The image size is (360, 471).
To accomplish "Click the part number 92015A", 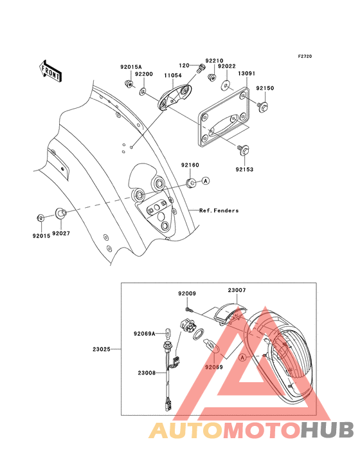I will coord(130,66).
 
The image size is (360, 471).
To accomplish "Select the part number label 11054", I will coord(172,75).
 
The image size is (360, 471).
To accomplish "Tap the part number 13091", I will coord(248,74).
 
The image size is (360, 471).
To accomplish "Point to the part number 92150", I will coord(265,88).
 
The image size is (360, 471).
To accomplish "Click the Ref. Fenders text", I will coord(219,210).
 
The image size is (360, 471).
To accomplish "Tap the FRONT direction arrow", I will coord(51,69).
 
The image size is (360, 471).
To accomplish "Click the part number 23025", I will coord(102,349).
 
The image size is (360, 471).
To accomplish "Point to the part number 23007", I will coord(237,290).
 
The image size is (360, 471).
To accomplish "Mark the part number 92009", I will coord(186,293).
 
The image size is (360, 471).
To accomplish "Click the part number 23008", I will coord(146,373).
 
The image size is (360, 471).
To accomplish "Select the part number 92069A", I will coord(145,333).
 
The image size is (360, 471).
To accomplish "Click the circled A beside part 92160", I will coord(206,181).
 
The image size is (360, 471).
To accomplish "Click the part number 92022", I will coord(227,66).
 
